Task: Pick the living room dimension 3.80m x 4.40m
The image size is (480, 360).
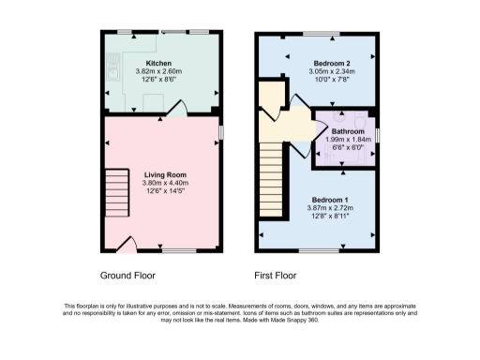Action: (x=165, y=183)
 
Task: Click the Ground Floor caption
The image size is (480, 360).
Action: (x=127, y=277)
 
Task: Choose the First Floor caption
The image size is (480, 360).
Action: (x=276, y=277)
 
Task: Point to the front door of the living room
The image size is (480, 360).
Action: (x=132, y=246)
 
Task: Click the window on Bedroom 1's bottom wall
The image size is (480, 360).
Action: (x=318, y=250)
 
